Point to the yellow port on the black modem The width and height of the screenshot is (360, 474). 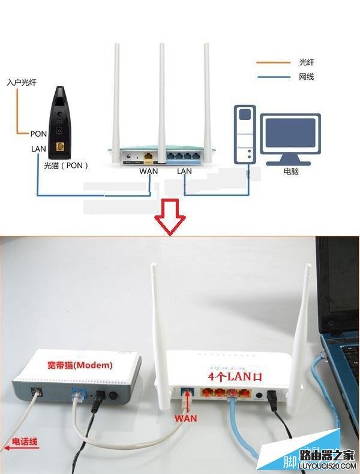point(59,146)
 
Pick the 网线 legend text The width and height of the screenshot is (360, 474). point(306,77)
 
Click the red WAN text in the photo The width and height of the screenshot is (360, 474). point(186,417)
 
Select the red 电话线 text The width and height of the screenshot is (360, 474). point(25,443)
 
